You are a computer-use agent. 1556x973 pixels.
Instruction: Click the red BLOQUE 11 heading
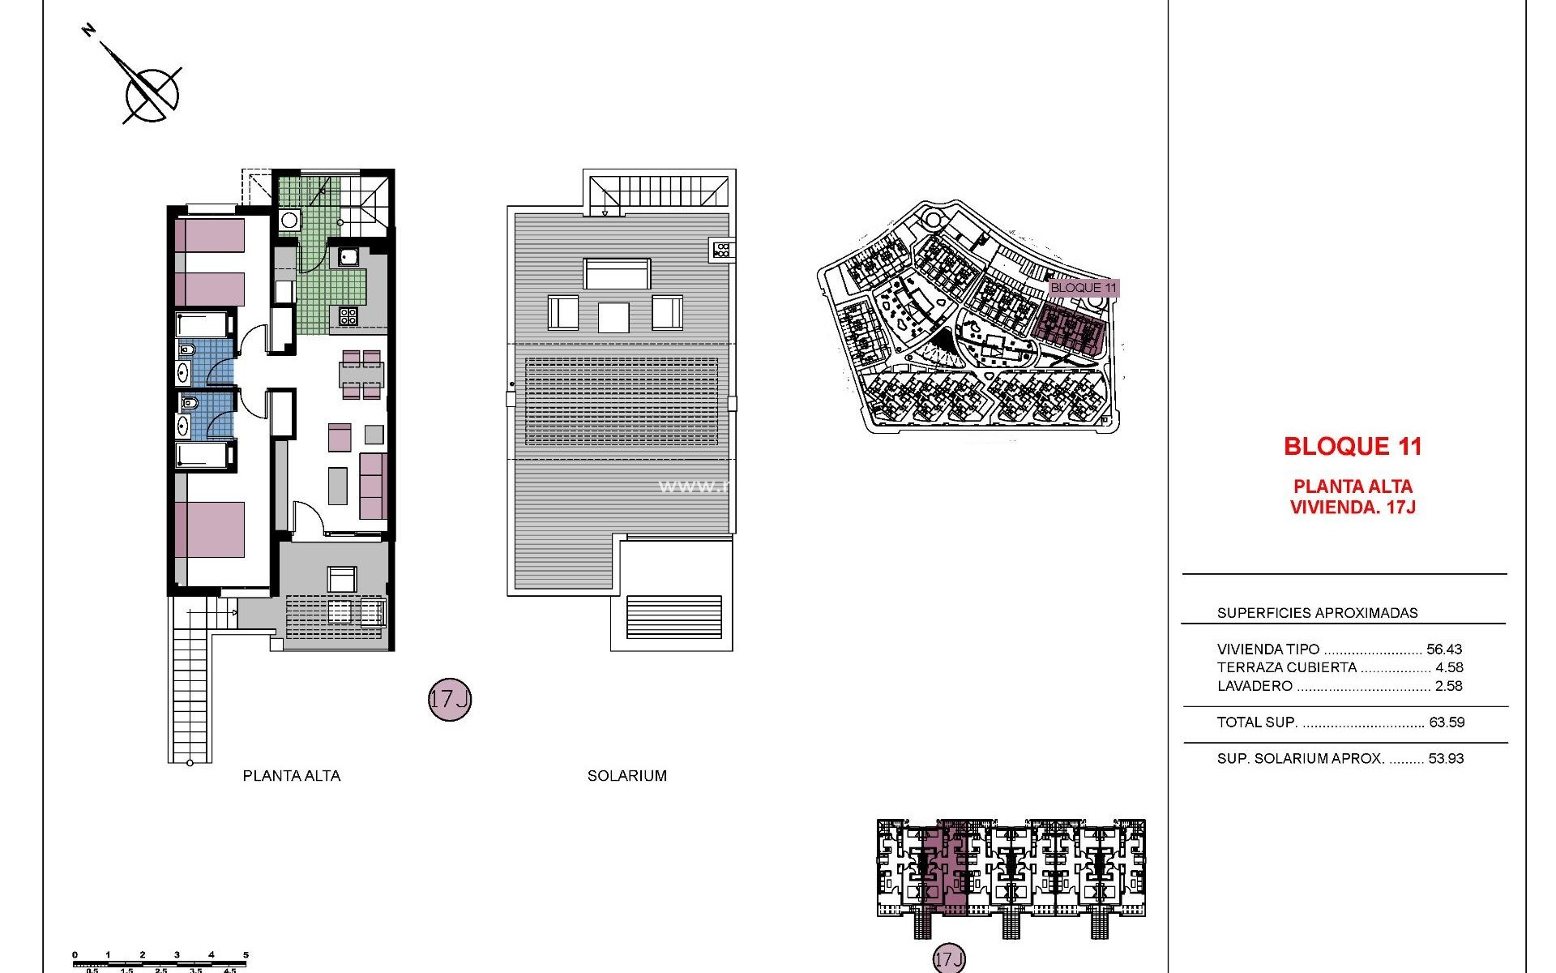pos(1353,446)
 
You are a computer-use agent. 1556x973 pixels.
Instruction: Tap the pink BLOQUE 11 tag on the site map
pos(1084,288)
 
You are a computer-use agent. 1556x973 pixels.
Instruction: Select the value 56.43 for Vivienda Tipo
pos(1444,649)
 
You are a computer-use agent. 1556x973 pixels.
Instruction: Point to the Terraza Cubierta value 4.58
pos(1449,667)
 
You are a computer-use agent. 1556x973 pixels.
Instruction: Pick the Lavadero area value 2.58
pos(1449,686)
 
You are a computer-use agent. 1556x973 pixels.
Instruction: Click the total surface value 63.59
pos(1447,722)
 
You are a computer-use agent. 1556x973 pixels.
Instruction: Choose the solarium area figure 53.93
pos(1447,759)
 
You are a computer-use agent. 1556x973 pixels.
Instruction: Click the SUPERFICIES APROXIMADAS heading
pos(1317,613)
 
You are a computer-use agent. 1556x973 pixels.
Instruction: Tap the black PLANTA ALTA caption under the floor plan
pos(292,776)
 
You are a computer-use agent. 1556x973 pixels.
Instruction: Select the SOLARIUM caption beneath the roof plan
pos(626,776)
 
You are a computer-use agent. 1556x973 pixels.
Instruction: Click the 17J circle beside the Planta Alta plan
pos(449,700)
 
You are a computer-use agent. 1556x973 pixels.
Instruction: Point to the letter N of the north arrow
pos(89,31)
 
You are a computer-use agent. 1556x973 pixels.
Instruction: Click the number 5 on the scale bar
pos(246,955)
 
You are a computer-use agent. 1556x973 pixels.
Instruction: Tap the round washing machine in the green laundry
pos(289,221)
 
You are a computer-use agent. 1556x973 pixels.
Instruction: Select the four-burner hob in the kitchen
pos(348,315)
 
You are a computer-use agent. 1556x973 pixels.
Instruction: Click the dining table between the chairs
pos(361,375)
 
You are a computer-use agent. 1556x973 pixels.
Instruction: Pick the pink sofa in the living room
pos(373,486)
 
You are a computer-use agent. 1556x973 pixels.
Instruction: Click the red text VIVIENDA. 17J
pos(1353,508)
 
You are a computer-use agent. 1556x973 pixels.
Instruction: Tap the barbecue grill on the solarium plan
pos(722,250)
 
